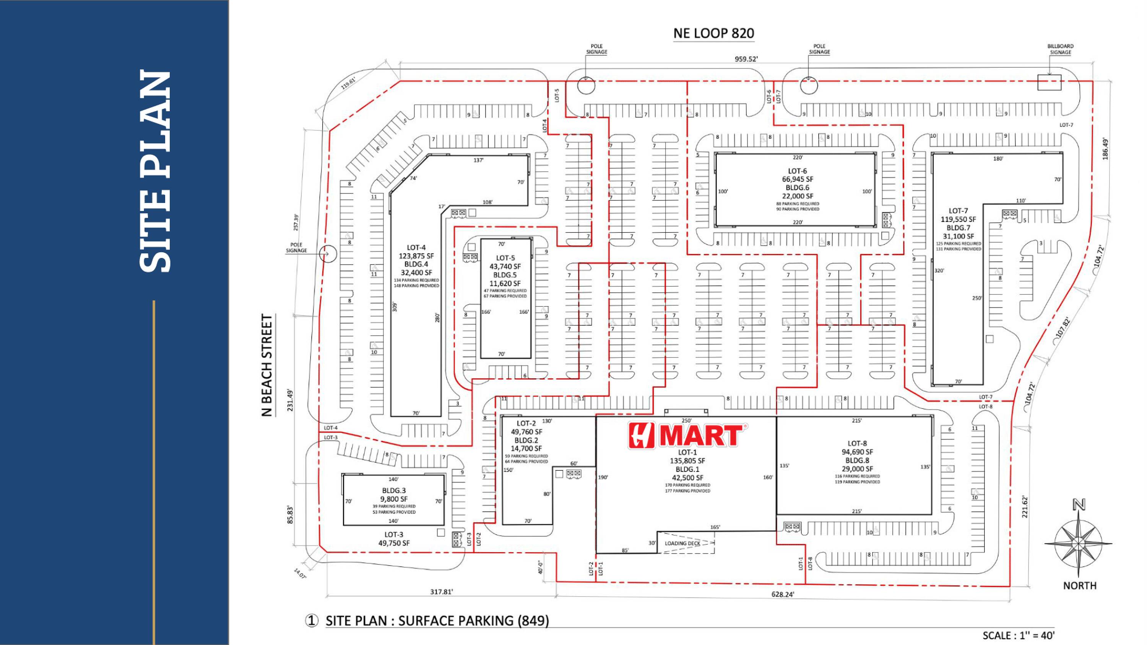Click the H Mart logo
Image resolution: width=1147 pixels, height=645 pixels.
click(x=687, y=436)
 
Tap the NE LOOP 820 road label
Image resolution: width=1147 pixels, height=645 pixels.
click(x=713, y=33)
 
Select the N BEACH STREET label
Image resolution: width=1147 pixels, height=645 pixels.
click(x=267, y=365)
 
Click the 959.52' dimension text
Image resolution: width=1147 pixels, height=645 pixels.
click(x=746, y=59)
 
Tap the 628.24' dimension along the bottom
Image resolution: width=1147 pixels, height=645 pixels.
click(x=782, y=594)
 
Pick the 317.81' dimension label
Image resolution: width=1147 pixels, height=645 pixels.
click(x=441, y=592)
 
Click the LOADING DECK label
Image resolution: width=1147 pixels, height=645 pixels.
click(x=682, y=543)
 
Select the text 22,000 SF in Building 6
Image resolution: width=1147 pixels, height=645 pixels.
click(x=797, y=196)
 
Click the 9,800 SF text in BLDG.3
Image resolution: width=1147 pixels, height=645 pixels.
click(x=394, y=499)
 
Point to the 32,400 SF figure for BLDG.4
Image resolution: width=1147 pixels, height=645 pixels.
click(x=416, y=273)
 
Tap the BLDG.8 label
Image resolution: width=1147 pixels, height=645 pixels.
click(x=857, y=460)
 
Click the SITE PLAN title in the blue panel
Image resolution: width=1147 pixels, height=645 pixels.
click(x=155, y=172)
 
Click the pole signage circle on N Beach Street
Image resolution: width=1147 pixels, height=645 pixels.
click(x=328, y=254)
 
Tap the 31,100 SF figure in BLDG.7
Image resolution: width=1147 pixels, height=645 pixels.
click(x=958, y=237)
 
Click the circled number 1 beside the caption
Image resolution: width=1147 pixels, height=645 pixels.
click(x=312, y=621)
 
